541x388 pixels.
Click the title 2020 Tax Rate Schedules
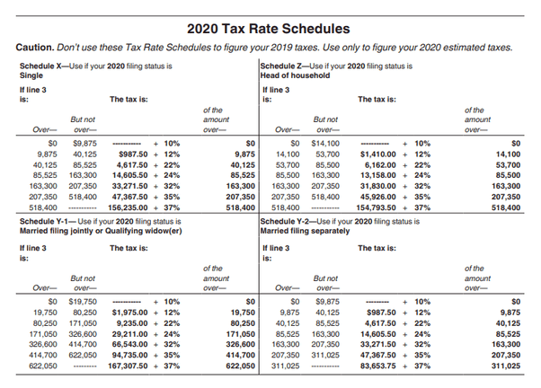pyautogui.click(x=270, y=26)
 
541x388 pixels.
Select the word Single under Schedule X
pyautogui.click(x=32, y=76)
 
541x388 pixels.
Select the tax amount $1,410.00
pyautogui.click(x=377, y=154)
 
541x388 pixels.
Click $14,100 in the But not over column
pyautogui.click(x=324, y=142)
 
